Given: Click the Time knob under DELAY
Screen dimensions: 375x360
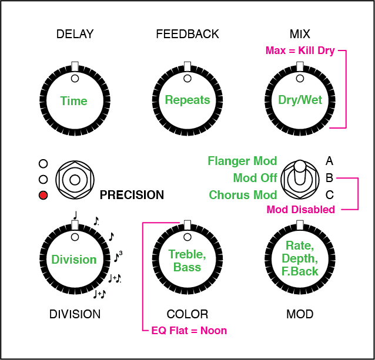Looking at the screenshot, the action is pyautogui.click(x=74, y=100).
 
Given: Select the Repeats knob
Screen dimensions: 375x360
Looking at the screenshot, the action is pyautogui.click(x=187, y=100).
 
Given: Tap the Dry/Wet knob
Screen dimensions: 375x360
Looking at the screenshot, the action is pyautogui.click(x=300, y=100).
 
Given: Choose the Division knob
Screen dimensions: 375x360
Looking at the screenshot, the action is pyautogui.click(x=74, y=260).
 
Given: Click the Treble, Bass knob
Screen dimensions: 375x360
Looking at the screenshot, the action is pyautogui.click(x=187, y=260).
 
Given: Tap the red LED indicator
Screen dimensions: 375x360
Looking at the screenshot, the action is pyautogui.click(x=43, y=195).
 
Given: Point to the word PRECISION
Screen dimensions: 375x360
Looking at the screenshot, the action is pyautogui.click(x=132, y=195).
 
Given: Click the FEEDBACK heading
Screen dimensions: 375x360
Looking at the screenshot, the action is pyautogui.click(x=187, y=34).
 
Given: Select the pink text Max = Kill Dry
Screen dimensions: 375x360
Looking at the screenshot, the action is pyautogui.click(x=300, y=51).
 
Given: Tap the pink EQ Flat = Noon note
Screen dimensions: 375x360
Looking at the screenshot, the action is pyautogui.click(x=189, y=331).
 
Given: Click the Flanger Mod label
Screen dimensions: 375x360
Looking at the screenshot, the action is pyautogui.click(x=242, y=161).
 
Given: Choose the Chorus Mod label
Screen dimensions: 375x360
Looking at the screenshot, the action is pyautogui.click(x=243, y=195).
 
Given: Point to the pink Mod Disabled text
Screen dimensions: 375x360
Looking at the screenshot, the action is pyautogui.click(x=301, y=210).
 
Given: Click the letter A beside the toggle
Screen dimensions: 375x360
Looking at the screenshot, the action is pyautogui.click(x=330, y=160).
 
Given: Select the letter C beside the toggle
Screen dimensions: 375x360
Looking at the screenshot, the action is pyautogui.click(x=330, y=194).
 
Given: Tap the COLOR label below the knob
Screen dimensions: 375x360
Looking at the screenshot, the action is pyautogui.click(x=187, y=314).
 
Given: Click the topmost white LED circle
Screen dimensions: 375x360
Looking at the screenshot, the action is pyautogui.click(x=43, y=163).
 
